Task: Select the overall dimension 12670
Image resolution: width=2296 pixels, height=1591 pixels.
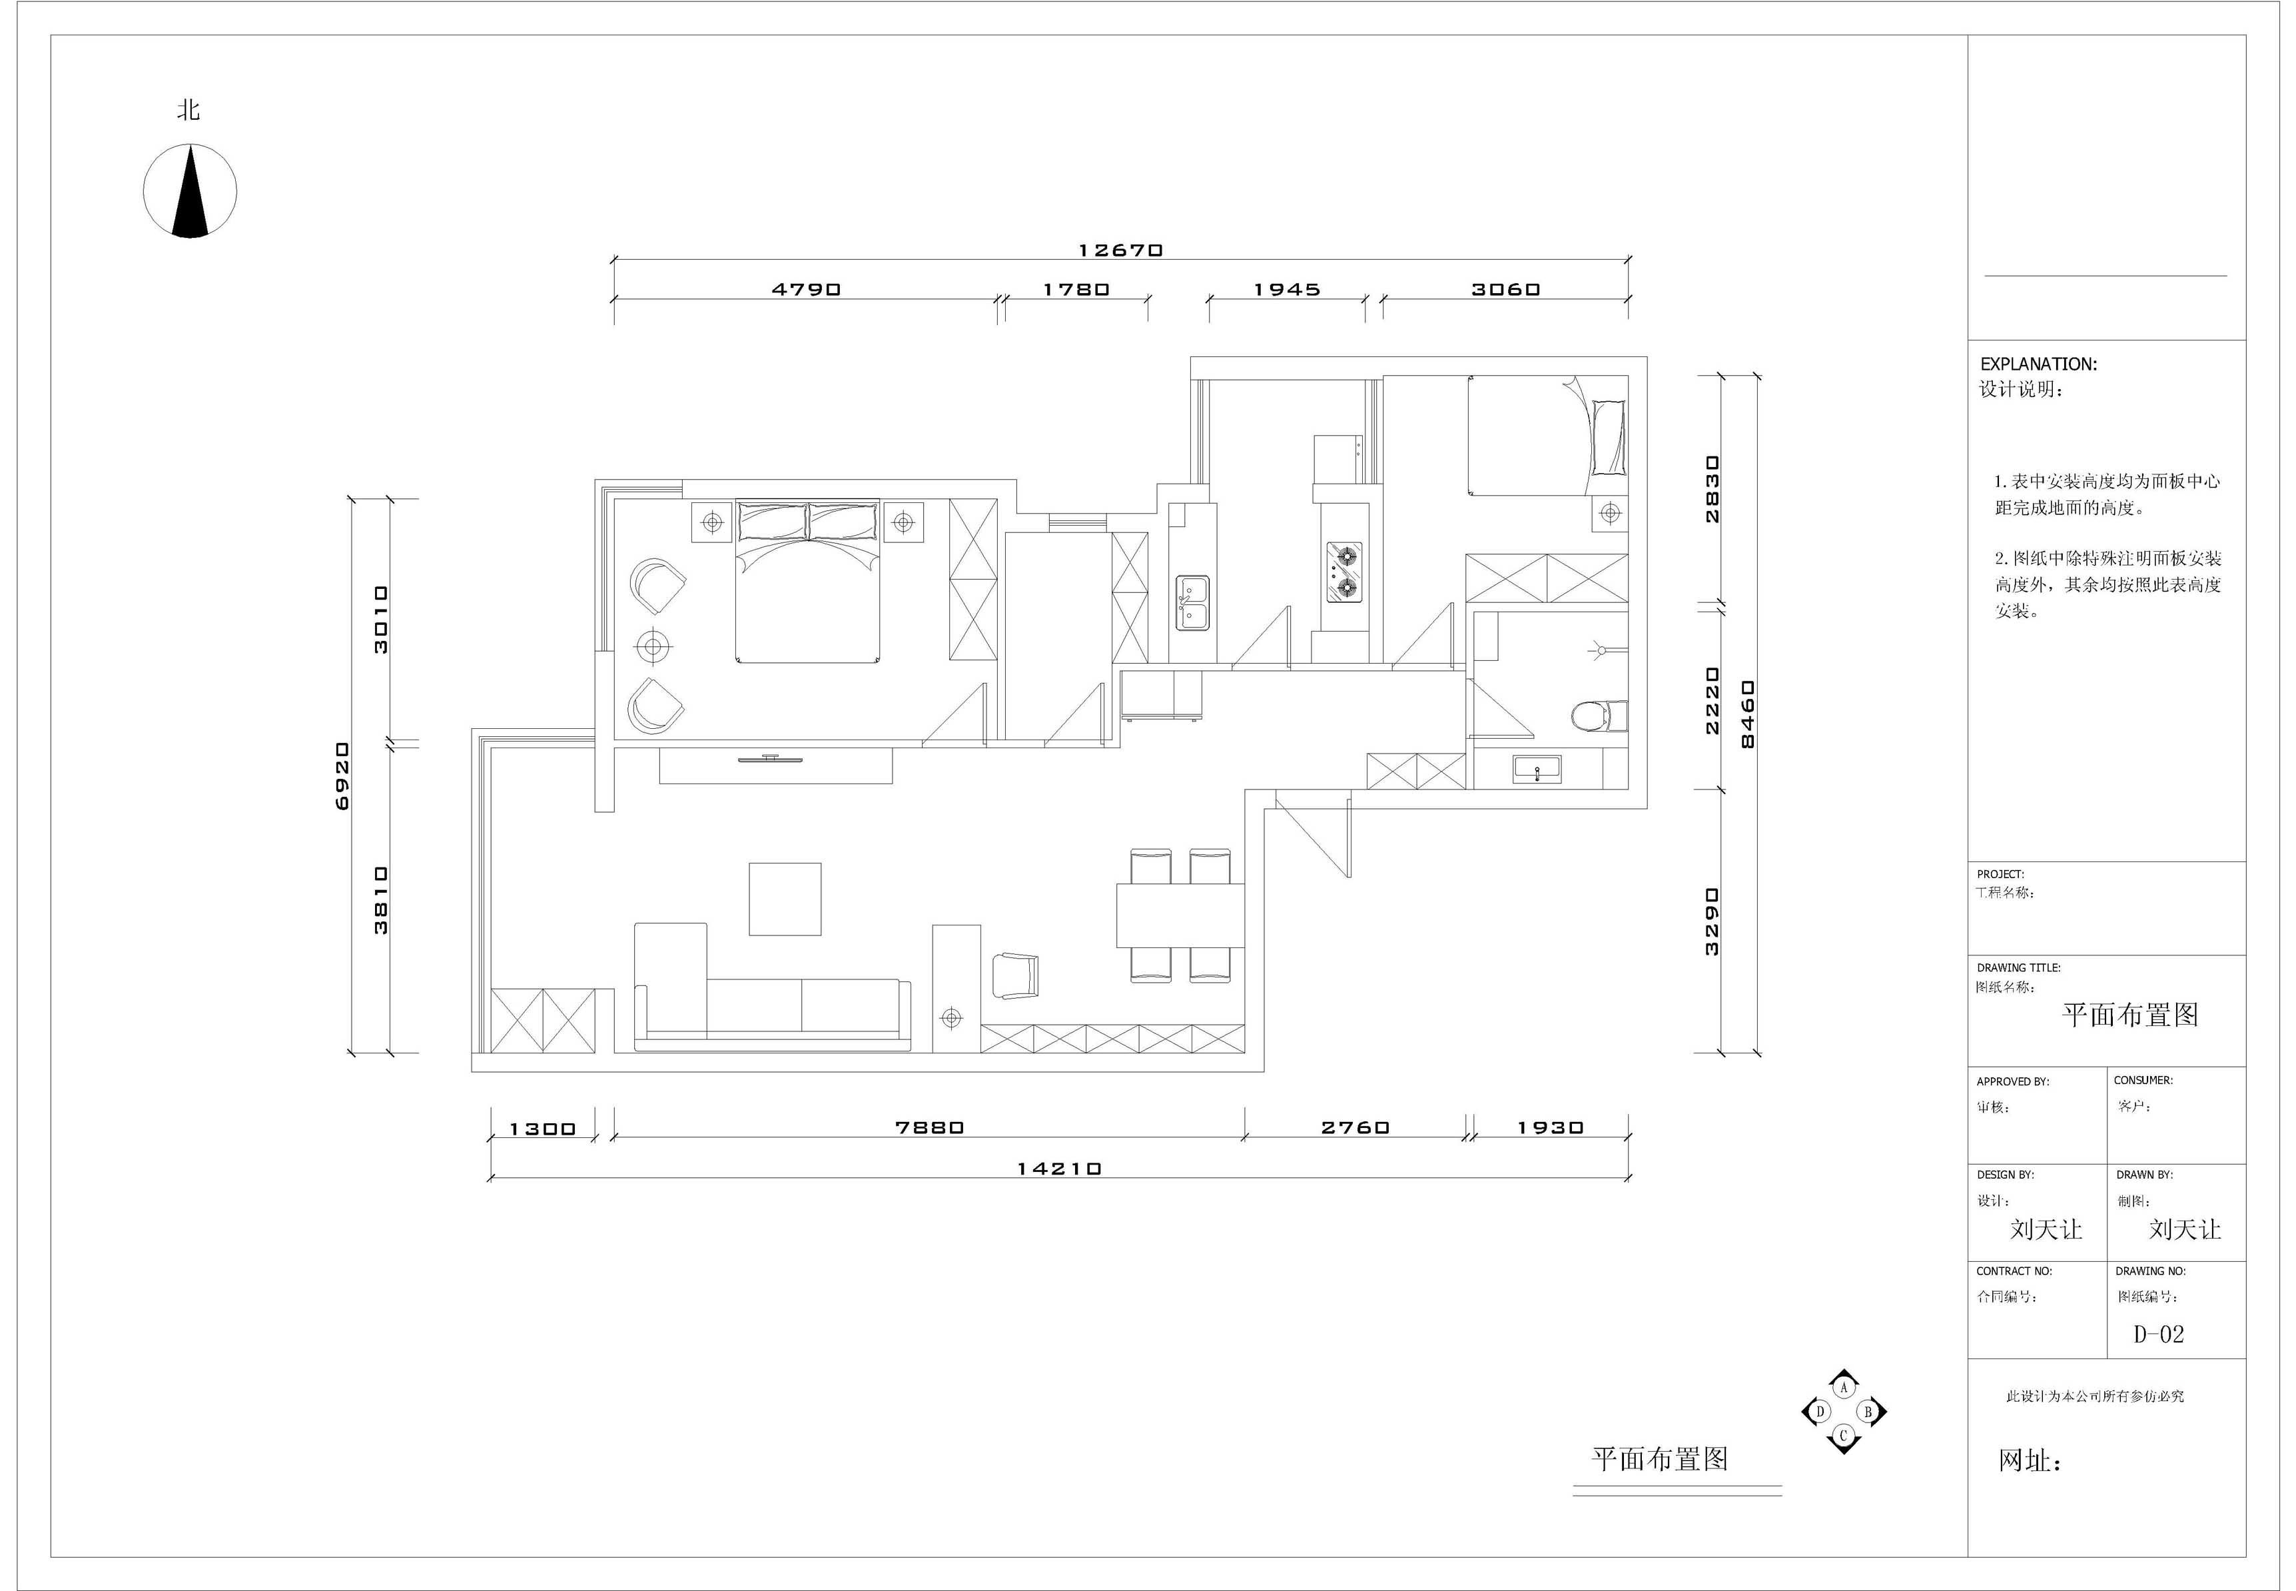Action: click(x=1120, y=251)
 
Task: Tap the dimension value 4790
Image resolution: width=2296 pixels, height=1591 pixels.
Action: click(x=806, y=289)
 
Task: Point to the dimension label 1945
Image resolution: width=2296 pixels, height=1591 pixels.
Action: click(x=1286, y=289)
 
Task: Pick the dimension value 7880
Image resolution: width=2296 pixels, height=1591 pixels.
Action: click(x=929, y=1127)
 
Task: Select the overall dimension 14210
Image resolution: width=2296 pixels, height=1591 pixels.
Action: click(x=1058, y=1169)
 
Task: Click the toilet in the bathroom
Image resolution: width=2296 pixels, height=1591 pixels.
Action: click(x=1599, y=716)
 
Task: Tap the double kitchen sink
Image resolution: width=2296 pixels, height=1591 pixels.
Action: click(x=1192, y=602)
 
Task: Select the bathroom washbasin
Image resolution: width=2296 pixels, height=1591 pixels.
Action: click(x=1537, y=769)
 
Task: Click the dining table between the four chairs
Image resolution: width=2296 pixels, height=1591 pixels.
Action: click(x=1180, y=915)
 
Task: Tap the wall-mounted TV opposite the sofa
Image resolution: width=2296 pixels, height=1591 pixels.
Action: click(x=770, y=760)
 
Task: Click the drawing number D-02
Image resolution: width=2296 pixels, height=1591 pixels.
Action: click(x=2159, y=1334)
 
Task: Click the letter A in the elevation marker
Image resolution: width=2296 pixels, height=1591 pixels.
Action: click(x=1844, y=1386)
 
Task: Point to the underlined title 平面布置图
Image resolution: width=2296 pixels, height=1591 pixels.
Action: click(x=1659, y=1459)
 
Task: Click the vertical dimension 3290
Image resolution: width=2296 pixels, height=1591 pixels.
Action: click(x=1711, y=921)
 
